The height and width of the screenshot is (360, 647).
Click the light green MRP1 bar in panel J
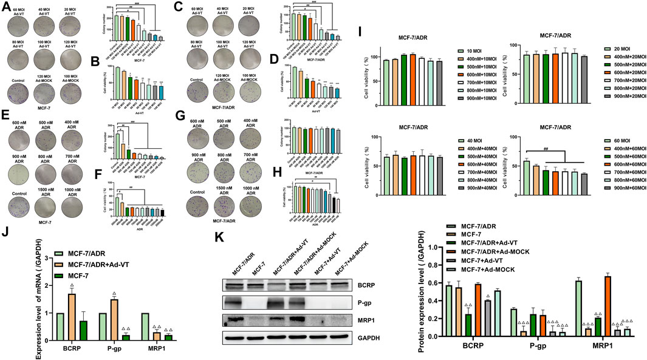(x=154, y=316)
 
